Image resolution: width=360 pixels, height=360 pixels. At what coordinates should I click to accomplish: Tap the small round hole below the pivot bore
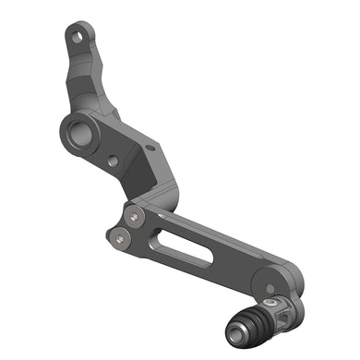click(113, 162)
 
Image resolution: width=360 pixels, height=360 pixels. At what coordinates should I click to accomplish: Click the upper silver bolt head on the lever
click(136, 216)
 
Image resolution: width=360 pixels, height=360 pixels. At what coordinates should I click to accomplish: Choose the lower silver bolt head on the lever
click(120, 238)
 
